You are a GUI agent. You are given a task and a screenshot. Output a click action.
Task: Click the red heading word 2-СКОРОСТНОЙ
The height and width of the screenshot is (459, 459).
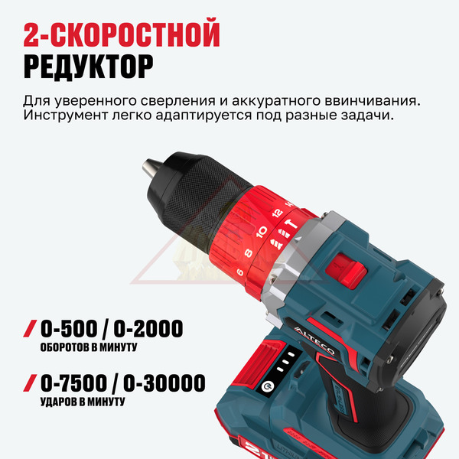(122, 32)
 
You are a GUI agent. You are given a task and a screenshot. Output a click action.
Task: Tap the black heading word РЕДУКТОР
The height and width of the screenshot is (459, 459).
(89, 67)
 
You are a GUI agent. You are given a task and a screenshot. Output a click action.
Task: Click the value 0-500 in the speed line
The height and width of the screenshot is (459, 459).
(69, 328)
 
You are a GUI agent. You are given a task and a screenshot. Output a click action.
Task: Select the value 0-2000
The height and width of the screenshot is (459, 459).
(148, 328)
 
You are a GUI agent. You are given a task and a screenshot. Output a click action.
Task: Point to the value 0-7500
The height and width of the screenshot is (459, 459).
(73, 382)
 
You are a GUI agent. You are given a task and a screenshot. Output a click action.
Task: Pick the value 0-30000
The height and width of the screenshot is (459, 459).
(164, 382)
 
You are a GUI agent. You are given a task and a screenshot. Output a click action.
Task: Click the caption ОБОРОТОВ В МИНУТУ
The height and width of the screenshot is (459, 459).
(89, 347)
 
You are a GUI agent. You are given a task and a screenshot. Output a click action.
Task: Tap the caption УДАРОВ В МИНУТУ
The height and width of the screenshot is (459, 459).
(83, 402)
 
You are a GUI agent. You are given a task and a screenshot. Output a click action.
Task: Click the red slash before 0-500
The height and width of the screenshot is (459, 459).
(30, 328)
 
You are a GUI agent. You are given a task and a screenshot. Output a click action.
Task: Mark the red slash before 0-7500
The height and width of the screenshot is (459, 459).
(30, 382)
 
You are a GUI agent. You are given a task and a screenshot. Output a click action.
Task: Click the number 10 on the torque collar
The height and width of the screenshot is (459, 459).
(262, 232)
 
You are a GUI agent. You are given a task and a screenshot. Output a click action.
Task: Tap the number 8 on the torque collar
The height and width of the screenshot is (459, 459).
(249, 252)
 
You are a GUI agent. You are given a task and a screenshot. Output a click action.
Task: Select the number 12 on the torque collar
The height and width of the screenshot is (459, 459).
(277, 213)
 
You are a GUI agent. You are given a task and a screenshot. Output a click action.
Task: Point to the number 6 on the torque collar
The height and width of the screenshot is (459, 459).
(239, 272)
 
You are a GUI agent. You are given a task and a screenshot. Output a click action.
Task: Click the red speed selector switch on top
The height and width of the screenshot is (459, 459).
(347, 269)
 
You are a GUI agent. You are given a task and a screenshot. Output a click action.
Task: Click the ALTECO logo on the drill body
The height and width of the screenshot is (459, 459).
(314, 340)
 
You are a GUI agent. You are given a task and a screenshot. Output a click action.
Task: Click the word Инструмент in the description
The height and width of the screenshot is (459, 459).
(65, 116)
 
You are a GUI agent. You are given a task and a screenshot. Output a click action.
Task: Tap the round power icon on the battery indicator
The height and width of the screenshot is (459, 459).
(267, 387)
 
